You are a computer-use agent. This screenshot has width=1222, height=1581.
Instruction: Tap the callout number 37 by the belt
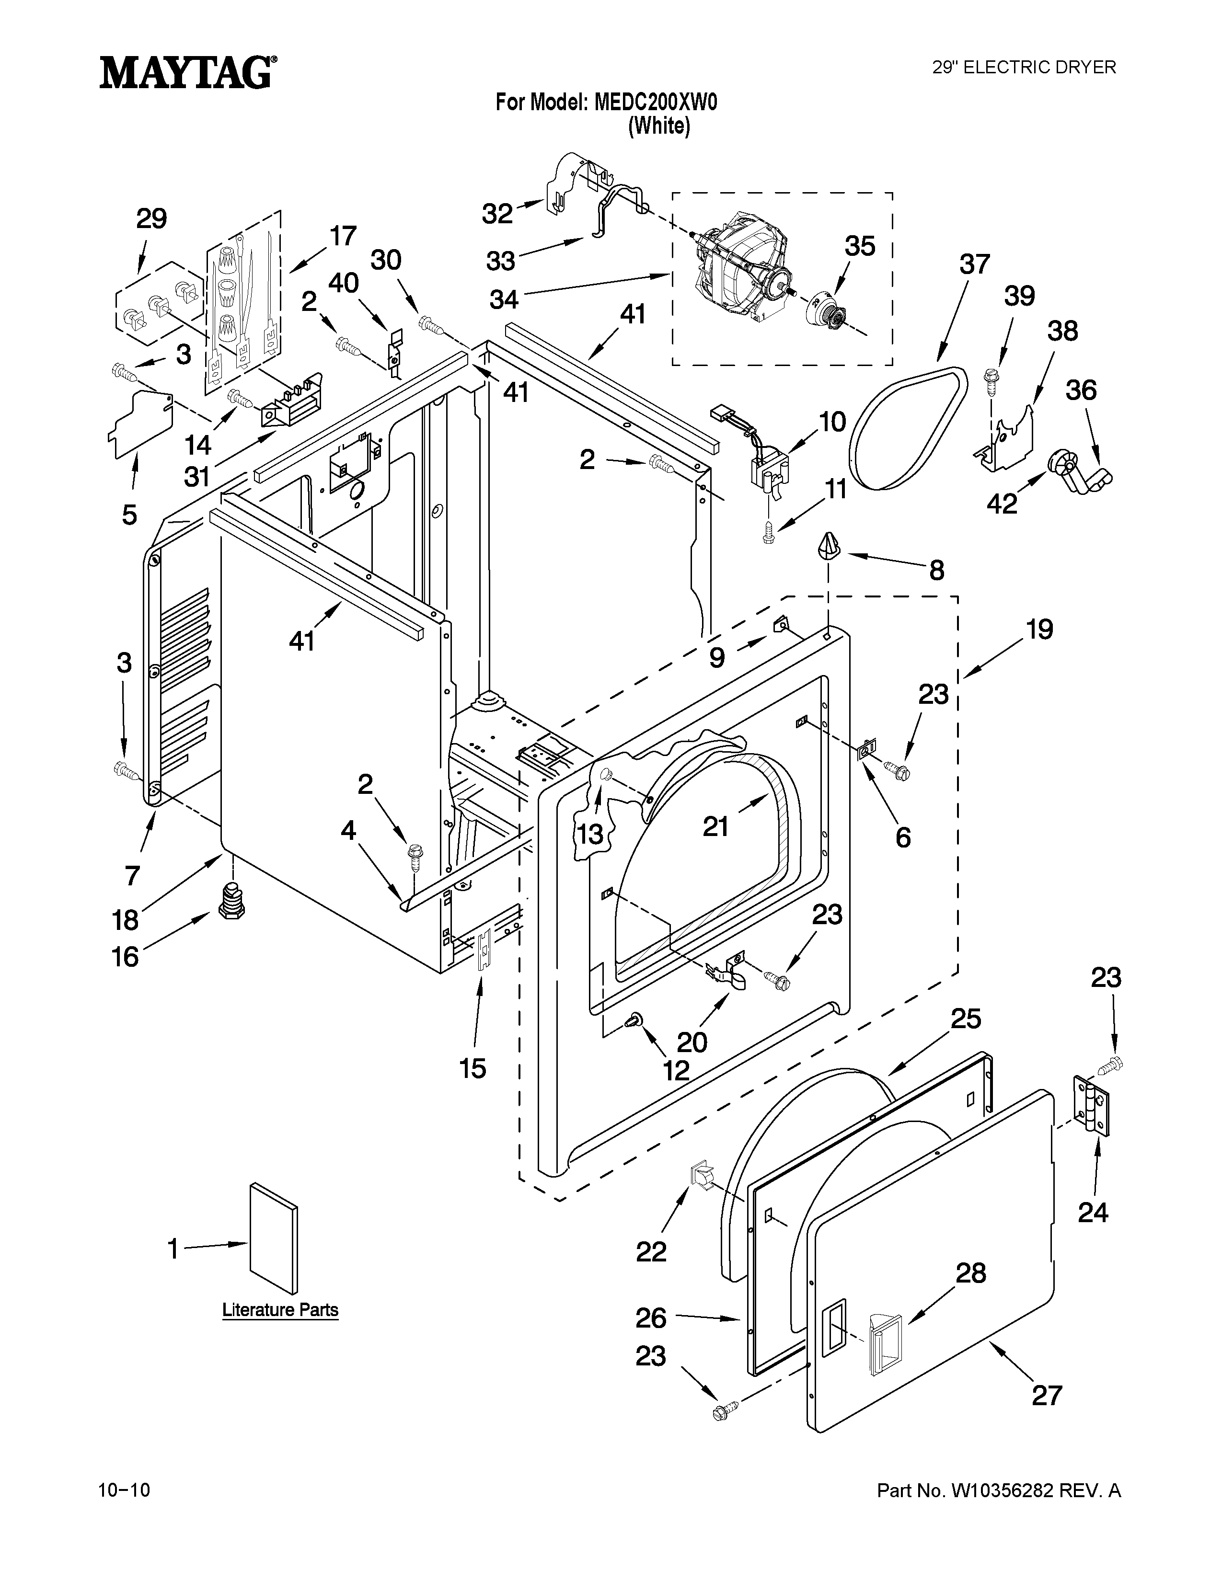[x=974, y=264]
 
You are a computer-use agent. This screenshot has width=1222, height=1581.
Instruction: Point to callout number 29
[x=151, y=218]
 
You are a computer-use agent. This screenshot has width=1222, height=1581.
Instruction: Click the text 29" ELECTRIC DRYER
[x=1023, y=68]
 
